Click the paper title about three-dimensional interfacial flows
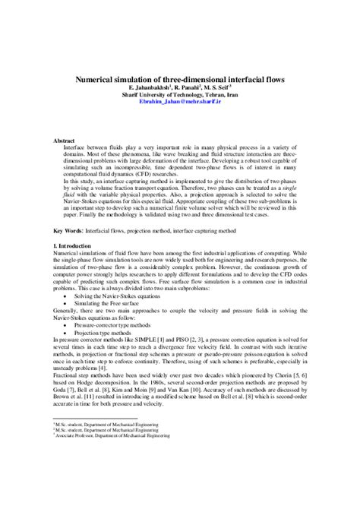[x=178, y=77]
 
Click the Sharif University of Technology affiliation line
[x=178, y=95]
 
